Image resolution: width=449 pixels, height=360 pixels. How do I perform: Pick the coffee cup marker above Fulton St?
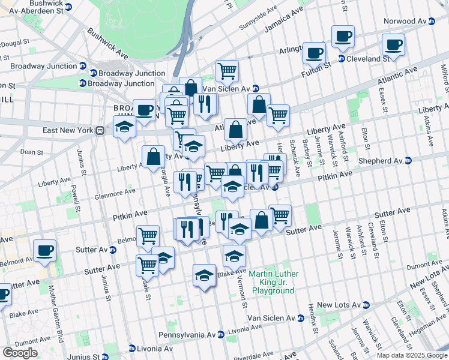[x=314, y=53]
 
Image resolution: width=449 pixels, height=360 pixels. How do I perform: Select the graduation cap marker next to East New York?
[x=125, y=128]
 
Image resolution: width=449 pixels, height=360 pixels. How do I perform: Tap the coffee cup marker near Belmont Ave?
[x=44, y=251]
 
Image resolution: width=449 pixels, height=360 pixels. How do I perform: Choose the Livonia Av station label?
[x=151, y=348]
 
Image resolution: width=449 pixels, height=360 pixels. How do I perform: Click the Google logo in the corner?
[x=20, y=353]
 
